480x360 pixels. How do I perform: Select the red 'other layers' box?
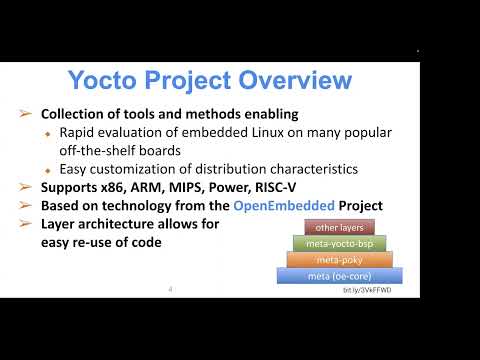[338, 228]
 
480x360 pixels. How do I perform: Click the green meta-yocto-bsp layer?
[338, 243]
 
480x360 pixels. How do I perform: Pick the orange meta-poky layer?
[338, 259]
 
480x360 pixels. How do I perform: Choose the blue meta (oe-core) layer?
[338, 275]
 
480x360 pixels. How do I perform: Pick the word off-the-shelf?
[95, 151]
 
